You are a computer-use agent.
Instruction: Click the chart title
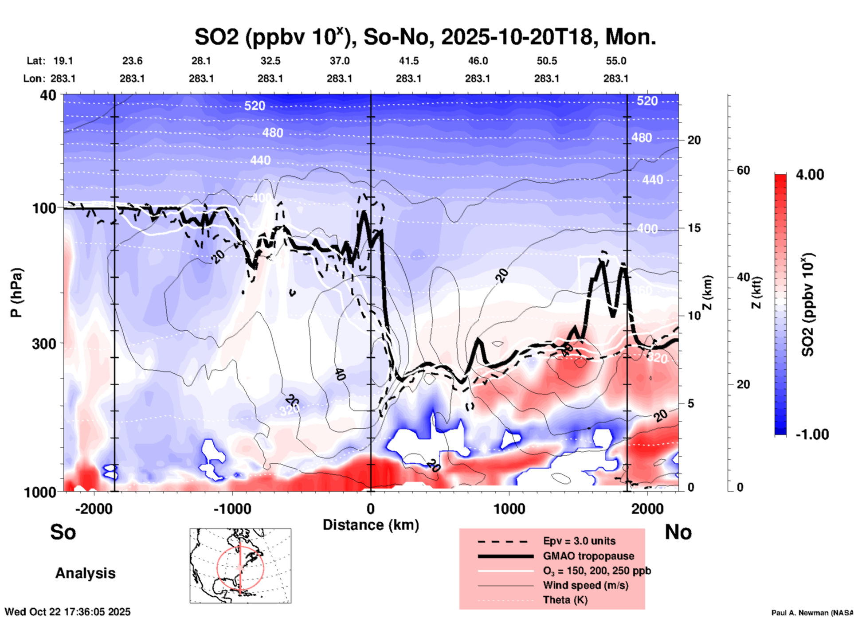coord(425,37)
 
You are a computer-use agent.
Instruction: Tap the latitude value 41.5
coord(408,61)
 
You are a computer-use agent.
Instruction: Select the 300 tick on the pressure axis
coord(44,344)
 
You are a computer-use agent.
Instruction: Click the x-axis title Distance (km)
coord(371,525)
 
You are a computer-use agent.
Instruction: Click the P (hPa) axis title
coord(16,293)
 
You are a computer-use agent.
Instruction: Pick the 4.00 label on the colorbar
coord(810,175)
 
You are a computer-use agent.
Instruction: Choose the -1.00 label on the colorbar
coord(811,434)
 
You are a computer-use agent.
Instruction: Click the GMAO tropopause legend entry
coord(588,556)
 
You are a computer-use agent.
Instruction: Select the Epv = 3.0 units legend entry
coord(579,541)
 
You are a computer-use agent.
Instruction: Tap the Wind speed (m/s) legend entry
coord(585,585)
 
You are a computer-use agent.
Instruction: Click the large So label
coord(63,532)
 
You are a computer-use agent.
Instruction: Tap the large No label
coord(678,532)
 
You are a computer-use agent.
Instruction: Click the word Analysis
coord(85,573)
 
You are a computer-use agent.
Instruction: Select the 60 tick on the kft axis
coord(743,170)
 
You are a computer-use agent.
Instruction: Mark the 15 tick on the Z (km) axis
coord(694,228)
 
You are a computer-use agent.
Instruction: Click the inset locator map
coord(240,565)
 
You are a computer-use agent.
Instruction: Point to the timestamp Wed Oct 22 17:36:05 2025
coord(67,612)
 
